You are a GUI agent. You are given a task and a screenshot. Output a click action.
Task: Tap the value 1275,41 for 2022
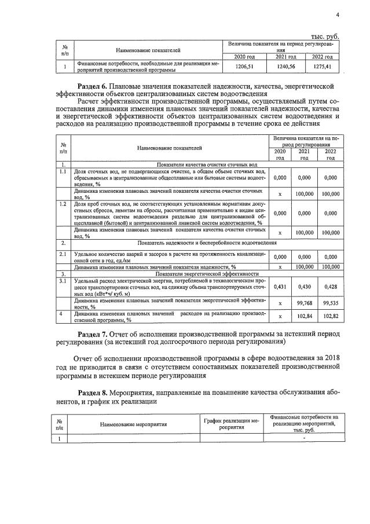(321, 67)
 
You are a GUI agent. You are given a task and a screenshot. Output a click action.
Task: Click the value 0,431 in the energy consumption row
(280, 287)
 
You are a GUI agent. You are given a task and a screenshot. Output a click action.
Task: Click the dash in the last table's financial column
(303, 438)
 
